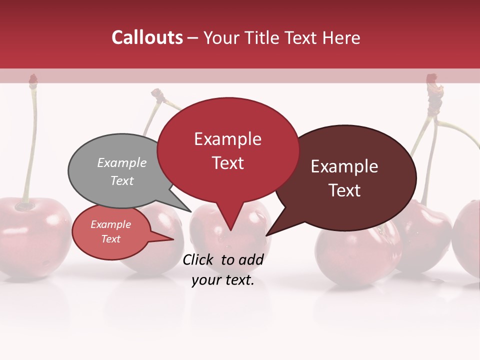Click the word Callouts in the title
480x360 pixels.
tap(147, 37)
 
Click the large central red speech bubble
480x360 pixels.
tap(228, 150)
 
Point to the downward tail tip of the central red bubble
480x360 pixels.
tap(230, 230)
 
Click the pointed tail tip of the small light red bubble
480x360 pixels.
tap(173, 238)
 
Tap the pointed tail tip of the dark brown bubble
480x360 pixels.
tap(267, 235)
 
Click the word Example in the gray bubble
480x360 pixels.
tap(122, 162)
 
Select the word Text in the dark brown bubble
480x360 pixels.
tap(345, 190)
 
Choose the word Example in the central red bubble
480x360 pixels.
tap(228, 139)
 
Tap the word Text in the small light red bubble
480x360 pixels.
tap(111, 239)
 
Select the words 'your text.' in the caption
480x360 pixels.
tap(223, 280)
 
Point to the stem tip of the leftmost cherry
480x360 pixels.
tap(33, 79)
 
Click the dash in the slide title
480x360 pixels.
tap(193, 38)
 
